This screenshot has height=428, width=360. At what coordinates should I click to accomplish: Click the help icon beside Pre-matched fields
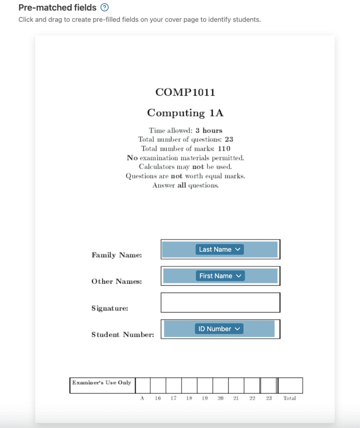click(x=105, y=8)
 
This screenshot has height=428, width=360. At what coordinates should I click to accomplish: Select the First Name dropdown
click(x=220, y=276)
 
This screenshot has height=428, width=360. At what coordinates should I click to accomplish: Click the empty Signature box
click(x=220, y=303)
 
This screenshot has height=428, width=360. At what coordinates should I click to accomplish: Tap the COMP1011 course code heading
click(x=185, y=92)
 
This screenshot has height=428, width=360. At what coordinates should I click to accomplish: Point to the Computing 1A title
click(x=185, y=113)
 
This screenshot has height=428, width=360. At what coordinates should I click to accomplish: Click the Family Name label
click(x=117, y=255)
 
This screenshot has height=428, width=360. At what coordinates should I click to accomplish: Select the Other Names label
click(x=117, y=281)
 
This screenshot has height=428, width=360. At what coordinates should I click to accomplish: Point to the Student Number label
click(x=123, y=334)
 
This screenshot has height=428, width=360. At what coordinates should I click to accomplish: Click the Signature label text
click(x=110, y=308)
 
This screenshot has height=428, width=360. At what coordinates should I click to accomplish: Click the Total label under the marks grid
click(x=289, y=398)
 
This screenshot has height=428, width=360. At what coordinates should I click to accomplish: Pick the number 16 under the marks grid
click(x=158, y=398)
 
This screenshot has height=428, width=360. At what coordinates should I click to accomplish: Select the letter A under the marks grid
click(x=142, y=398)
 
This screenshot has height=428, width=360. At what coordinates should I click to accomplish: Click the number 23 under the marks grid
click(x=269, y=398)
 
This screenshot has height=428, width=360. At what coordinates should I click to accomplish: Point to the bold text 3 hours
click(x=209, y=130)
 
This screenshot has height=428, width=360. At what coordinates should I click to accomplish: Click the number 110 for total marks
click(x=224, y=149)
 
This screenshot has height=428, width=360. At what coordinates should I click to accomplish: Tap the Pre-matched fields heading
click(x=57, y=8)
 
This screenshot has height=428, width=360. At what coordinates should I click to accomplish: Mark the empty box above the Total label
click(x=290, y=385)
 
